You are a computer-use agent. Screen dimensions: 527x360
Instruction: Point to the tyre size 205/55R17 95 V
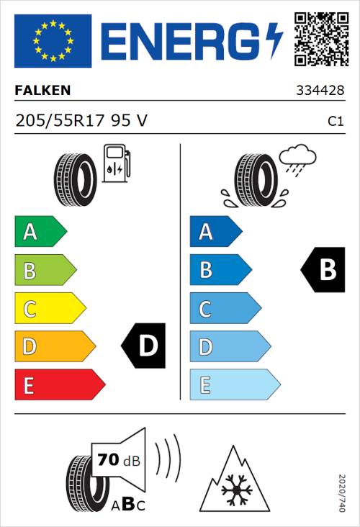pyautogui.click(x=81, y=121)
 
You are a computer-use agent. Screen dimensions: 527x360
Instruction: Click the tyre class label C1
pyautogui.click(x=335, y=122)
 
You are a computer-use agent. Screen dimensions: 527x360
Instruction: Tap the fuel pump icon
pyautogui.click(x=115, y=163)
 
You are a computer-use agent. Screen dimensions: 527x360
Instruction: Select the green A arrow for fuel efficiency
pyautogui.click(x=40, y=232)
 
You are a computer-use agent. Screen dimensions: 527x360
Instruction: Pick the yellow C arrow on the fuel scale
pyautogui.click(x=49, y=309)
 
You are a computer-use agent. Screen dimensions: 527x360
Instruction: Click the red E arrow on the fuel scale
pyautogui.click(x=59, y=385)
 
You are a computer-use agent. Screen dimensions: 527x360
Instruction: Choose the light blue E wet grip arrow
pyautogui.click(x=234, y=385)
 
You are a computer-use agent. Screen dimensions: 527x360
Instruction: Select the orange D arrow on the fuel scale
pyautogui.click(x=54, y=347)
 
